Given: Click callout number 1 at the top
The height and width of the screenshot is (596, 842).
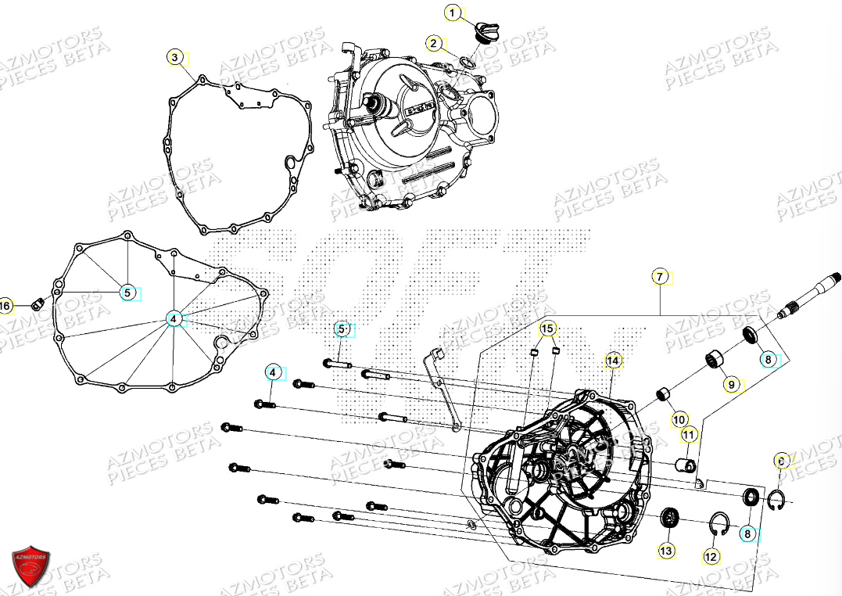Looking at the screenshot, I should [451, 12].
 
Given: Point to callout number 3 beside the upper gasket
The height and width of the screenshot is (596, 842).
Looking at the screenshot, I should [175, 57].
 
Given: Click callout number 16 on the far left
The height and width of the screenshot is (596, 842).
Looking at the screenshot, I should [5, 305].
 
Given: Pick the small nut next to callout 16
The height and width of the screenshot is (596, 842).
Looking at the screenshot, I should [36, 303].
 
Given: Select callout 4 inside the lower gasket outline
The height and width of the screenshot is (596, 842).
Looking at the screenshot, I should [174, 318].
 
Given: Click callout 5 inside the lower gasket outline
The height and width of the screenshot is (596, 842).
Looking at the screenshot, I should [127, 293].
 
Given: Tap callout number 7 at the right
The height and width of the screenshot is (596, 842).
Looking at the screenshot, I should [660, 277].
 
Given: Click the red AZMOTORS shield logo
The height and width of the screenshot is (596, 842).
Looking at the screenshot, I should [31, 563].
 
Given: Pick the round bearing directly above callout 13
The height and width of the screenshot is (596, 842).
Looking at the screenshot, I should [668, 517].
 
